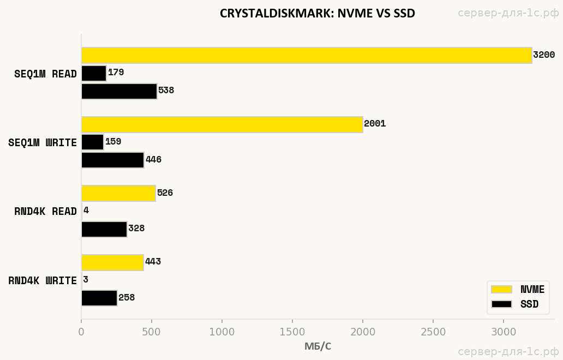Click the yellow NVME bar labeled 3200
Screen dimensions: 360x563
pyautogui.click(x=307, y=56)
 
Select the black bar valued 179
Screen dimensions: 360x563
pyautogui.click(x=94, y=74)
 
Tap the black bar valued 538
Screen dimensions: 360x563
pyautogui.click(x=119, y=91)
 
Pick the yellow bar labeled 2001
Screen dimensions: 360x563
pyautogui.click(x=222, y=124)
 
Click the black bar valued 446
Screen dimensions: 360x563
pyautogui.click(x=112, y=160)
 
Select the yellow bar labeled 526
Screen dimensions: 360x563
pyautogui.click(x=118, y=193)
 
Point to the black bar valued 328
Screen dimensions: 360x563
pyautogui.click(x=104, y=229)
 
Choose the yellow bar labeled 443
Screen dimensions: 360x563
pyautogui.click(x=112, y=262)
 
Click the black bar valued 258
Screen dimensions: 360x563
pyautogui.click(x=99, y=298)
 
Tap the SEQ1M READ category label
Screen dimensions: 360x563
pyautogui.click(x=45, y=74)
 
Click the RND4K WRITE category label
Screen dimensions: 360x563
pyautogui.click(x=43, y=281)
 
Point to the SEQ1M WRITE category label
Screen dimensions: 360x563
pyautogui.click(x=43, y=143)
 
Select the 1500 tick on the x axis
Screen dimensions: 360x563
pyautogui.click(x=292, y=331)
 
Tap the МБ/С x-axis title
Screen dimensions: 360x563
pyautogui.click(x=318, y=346)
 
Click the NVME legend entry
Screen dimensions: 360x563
pyautogui.click(x=517, y=290)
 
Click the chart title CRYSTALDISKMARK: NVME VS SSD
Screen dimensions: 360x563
pyautogui.click(x=318, y=14)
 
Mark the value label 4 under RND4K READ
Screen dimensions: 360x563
pyautogui.click(x=86, y=211)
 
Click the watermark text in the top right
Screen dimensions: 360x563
pyautogui.click(x=508, y=13)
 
